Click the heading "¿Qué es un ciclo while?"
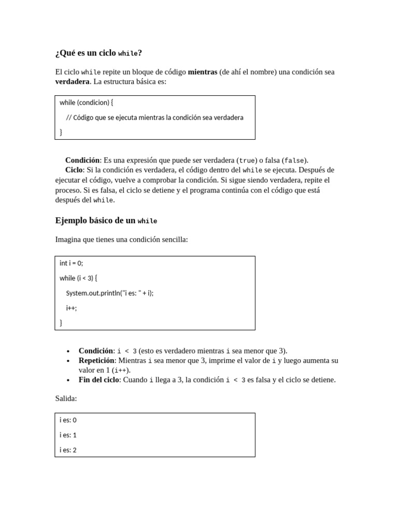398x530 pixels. [98, 53]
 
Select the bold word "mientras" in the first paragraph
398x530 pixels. [202, 72]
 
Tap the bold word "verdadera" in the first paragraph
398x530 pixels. [72, 82]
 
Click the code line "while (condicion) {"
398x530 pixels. [86, 102]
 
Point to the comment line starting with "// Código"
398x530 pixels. [154, 117]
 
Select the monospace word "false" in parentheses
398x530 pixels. [294, 160]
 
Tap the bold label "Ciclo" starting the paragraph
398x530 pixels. [74, 170]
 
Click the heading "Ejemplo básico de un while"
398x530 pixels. [106, 220]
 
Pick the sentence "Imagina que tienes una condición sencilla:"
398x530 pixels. [121, 239]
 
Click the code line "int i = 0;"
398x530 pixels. [71, 263]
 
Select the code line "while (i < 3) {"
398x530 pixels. [78, 278]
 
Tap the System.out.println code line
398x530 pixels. [110, 293]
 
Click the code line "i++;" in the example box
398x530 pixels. [72, 308]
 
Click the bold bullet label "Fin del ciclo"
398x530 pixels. [98, 380]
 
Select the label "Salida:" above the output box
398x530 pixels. [66, 399]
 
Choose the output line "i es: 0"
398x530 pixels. [68, 420]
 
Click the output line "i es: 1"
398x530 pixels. [68, 435]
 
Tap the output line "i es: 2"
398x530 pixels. [68, 450]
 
